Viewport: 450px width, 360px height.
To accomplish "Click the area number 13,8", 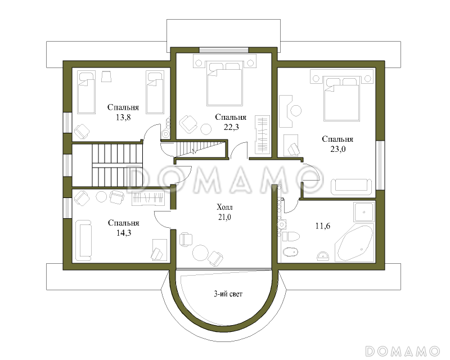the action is (x=123, y=117).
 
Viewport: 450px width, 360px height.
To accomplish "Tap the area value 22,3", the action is (x=231, y=127).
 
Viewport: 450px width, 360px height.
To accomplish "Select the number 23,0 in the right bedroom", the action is (x=338, y=149).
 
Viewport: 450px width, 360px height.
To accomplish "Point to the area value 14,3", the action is (x=124, y=233).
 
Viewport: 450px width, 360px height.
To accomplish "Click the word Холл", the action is (x=224, y=207).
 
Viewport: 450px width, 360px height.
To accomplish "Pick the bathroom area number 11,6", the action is (x=322, y=226).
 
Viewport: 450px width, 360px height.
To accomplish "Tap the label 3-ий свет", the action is (x=228, y=294).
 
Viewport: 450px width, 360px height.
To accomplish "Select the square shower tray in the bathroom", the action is (x=364, y=212).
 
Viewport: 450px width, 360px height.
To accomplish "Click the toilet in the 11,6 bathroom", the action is (x=291, y=237).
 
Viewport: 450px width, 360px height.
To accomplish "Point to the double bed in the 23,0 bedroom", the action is (x=341, y=98).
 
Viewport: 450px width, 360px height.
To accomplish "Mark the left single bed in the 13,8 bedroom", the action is (x=86, y=93).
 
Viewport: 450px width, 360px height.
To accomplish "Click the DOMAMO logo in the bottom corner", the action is (x=403, y=351).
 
